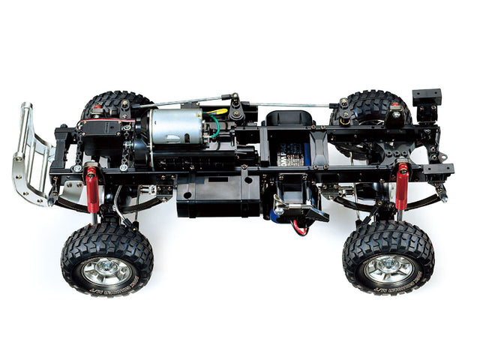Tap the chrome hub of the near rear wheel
point(388,268)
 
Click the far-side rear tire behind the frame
point(367,105)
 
